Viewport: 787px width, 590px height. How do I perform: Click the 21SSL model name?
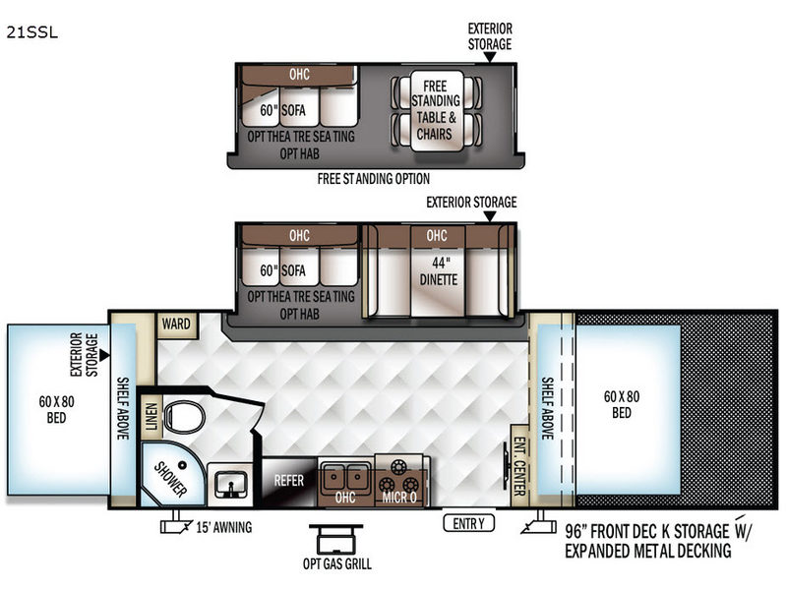(x=32, y=32)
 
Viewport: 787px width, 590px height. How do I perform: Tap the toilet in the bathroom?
(x=184, y=416)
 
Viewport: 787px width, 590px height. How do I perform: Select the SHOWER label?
(x=170, y=479)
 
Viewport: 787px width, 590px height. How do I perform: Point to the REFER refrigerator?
(x=289, y=481)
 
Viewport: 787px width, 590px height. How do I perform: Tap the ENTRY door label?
(x=469, y=524)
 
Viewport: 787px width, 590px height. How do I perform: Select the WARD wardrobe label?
(x=176, y=324)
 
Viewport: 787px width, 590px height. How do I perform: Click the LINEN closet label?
(x=151, y=417)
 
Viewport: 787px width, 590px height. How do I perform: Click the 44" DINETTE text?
(x=439, y=271)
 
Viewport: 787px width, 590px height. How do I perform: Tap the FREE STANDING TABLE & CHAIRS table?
(x=436, y=110)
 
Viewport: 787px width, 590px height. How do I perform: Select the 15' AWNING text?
(x=224, y=527)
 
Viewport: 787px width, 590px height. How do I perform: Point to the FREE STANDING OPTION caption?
(x=374, y=179)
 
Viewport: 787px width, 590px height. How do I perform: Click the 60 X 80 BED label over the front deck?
(x=622, y=404)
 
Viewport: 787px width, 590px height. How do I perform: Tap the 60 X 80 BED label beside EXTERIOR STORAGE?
(x=56, y=409)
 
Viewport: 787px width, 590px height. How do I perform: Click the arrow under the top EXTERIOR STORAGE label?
(x=489, y=57)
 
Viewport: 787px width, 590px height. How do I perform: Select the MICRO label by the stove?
(x=399, y=498)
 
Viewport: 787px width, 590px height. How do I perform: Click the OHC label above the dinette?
(x=437, y=235)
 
